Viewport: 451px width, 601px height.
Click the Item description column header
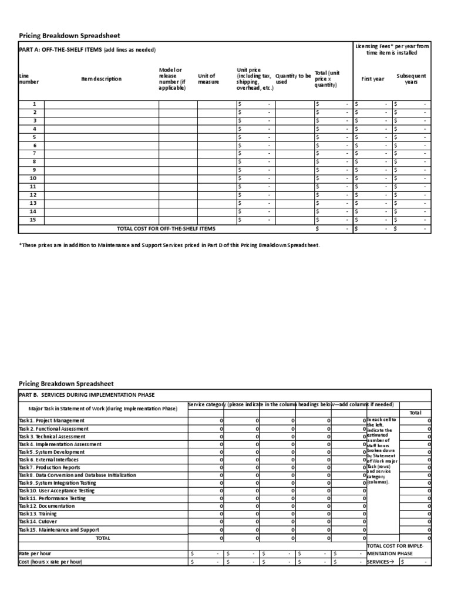click(102, 79)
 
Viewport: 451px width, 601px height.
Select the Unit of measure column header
click(207, 79)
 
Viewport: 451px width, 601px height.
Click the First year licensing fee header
click(372, 79)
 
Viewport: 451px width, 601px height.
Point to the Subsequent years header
click(411, 79)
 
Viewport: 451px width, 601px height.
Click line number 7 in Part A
click(34, 153)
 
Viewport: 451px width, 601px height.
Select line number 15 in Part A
click(33, 220)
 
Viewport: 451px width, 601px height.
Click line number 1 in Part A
click(34, 104)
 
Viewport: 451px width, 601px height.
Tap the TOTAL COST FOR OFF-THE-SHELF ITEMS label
click(166, 228)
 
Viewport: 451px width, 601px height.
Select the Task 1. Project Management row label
click(52, 421)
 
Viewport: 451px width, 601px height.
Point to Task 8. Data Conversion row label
click(77, 475)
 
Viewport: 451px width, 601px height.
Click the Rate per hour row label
click(35, 553)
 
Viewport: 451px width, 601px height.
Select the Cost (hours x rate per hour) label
click(51, 562)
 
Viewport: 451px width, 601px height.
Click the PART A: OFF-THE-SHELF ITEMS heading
click(87, 50)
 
